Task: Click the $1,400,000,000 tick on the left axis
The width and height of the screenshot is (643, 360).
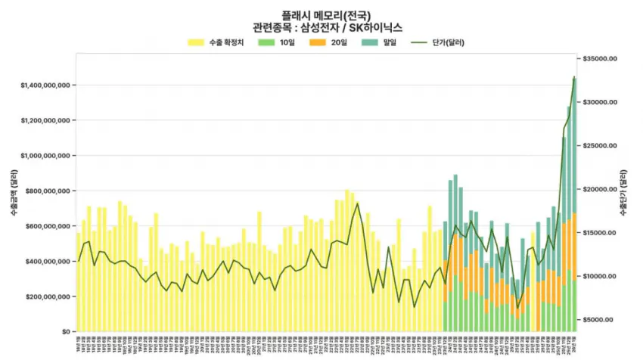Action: (46, 85)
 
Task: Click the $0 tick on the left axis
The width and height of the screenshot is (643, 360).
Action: (67, 332)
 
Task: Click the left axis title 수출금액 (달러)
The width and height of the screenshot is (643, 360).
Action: (14, 195)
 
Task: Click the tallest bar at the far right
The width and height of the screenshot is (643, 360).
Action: (574, 204)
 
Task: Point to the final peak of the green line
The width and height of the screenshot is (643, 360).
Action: (574, 77)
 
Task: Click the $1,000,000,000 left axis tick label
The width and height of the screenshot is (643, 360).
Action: (46, 156)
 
